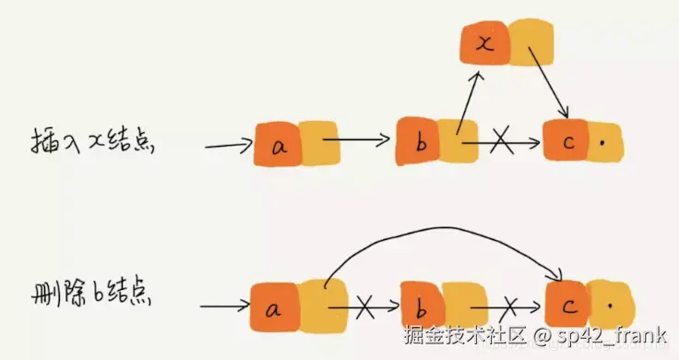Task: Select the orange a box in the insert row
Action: click(278, 145)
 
